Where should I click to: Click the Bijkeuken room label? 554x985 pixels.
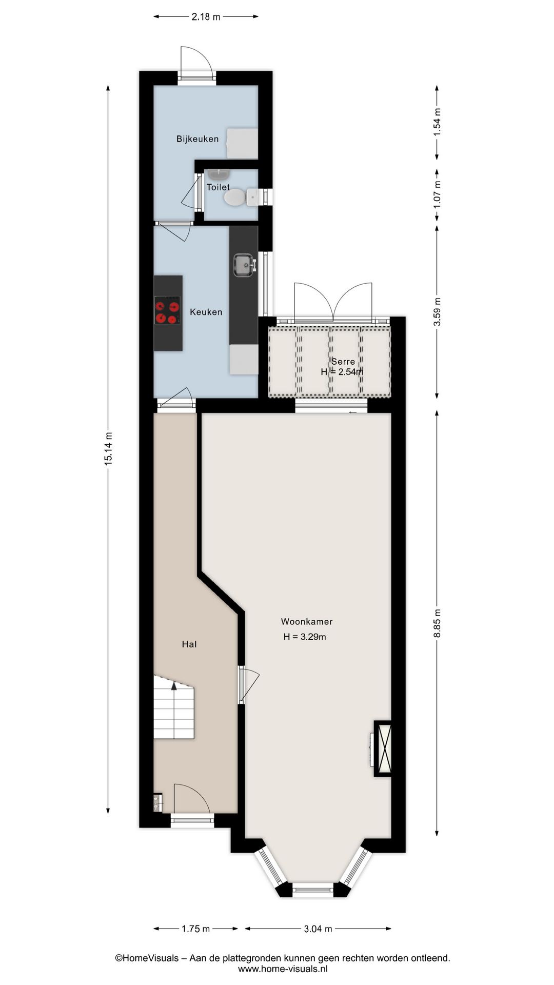(x=197, y=139)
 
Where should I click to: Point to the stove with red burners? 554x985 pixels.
(x=168, y=311)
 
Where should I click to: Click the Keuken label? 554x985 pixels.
(x=206, y=312)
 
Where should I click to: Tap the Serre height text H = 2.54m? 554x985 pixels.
(x=342, y=372)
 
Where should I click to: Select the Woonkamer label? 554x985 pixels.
(x=307, y=621)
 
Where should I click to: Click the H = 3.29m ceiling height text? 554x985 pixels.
(x=305, y=637)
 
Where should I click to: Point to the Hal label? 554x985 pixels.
(x=189, y=644)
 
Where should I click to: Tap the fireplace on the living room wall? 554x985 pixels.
(x=383, y=749)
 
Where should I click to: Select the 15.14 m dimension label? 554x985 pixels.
(x=108, y=449)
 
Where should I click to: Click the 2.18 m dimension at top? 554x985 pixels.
(x=206, y=17)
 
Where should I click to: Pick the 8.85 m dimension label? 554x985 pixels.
(x=437, y=623)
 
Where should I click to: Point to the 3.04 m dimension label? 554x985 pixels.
(x=318, y=929)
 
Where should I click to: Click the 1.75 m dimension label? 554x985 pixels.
(x=196, y=929)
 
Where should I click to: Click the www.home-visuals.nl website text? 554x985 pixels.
(x=283, y=969)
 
